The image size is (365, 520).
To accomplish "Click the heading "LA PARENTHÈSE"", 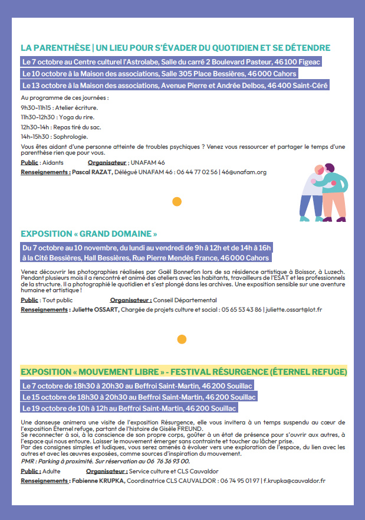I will point(55,48).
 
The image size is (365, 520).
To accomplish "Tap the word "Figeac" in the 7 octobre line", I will point(307,62).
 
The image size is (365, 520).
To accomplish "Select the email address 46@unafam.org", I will point(245,172).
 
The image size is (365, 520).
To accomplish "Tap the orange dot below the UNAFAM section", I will point(176,202).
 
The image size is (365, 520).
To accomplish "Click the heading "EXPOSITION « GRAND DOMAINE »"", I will point(89,234).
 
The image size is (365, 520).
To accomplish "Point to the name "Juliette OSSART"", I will point(96,310).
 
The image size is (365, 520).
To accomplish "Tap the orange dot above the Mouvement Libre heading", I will point(182,339).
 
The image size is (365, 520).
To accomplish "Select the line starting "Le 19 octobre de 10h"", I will point(129,408).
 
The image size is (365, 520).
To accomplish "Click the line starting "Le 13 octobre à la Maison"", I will point(175,86).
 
